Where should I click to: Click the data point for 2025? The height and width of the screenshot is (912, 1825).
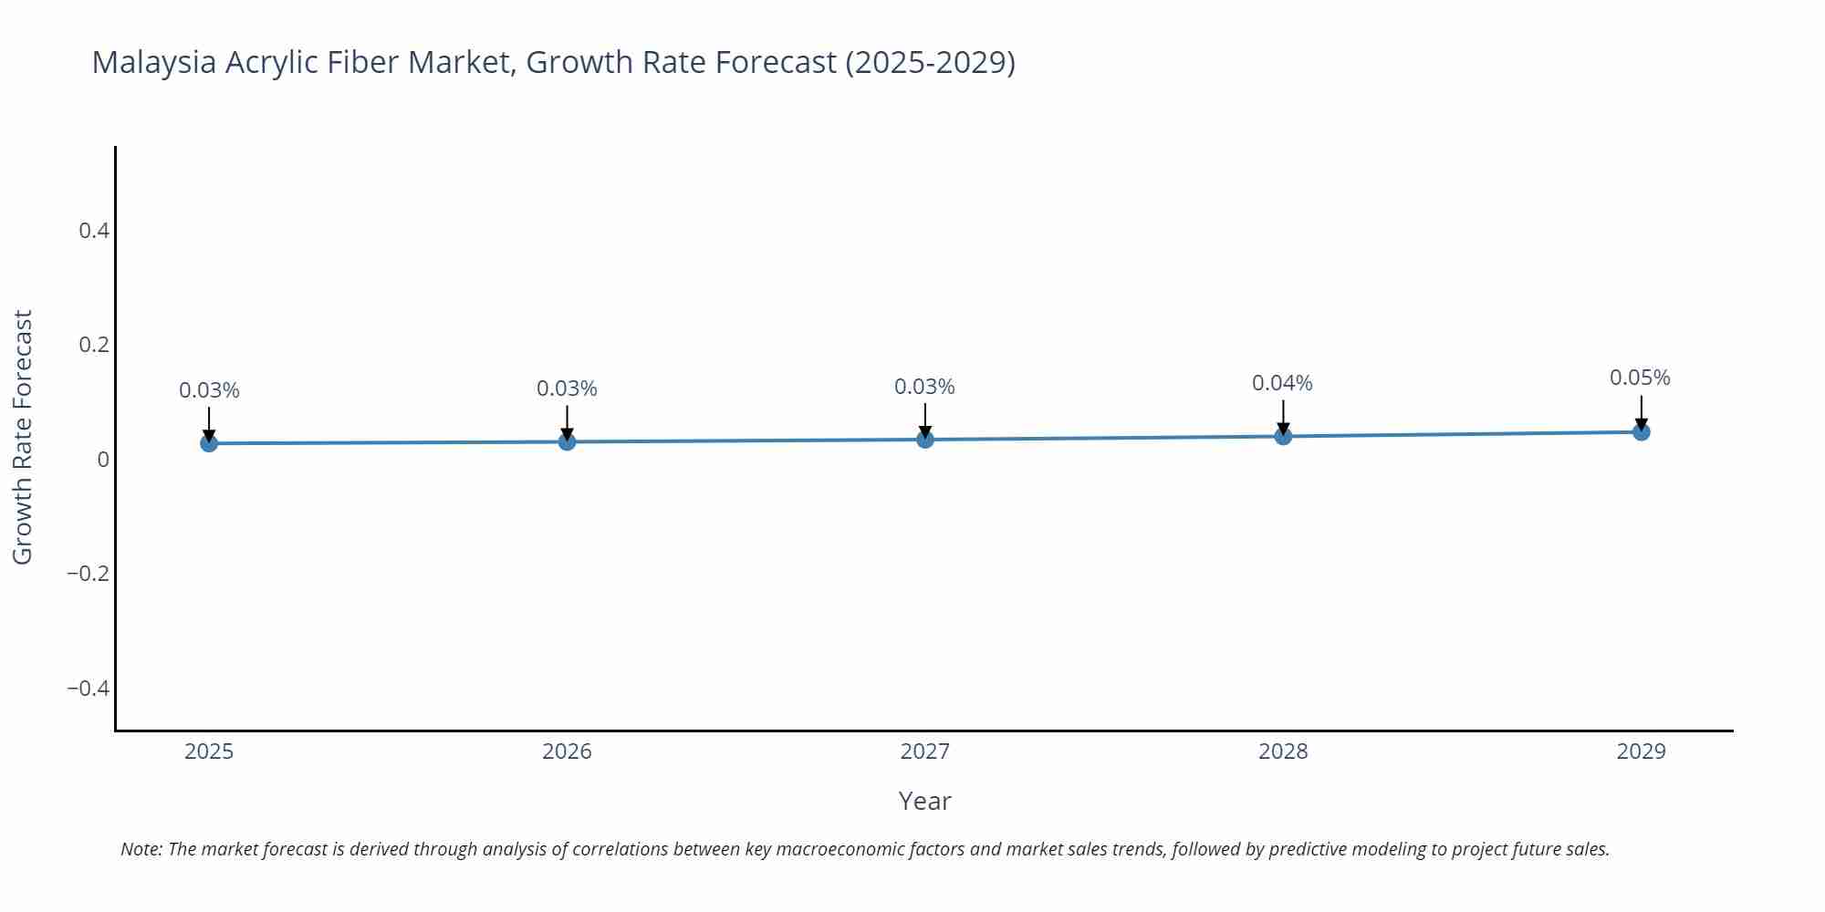tap(209, 443)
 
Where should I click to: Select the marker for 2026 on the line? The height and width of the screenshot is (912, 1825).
tap(567, 441)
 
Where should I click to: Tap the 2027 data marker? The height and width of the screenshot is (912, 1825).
tap(925, 440)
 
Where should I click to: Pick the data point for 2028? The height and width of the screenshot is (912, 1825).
tap(1283, 436)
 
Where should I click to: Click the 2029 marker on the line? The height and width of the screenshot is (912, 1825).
tap(1641, 431)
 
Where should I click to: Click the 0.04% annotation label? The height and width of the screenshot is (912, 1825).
tap(1282, 384)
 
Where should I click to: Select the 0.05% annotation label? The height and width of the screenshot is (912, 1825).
tap(1640, 378)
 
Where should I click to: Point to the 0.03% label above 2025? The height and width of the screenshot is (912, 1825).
tap(209, 391)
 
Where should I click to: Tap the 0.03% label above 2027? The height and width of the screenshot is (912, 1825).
tap(924, 388)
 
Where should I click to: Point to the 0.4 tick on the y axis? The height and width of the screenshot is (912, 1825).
tap(94, 231)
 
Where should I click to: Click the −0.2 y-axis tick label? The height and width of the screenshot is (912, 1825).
tap(89, 574)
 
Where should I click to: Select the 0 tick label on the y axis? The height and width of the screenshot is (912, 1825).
tap(103, 460)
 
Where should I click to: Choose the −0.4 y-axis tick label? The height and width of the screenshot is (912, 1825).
tap(89, 689)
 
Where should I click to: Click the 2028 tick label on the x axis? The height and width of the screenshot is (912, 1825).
tap(1283, 752)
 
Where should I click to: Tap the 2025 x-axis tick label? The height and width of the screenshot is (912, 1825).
tap(209, 752)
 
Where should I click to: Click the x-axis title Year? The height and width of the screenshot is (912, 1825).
tap(924, 802)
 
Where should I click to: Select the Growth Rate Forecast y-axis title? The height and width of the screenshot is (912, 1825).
tap(23, 437)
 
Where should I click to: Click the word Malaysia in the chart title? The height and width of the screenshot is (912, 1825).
tap(154, 63)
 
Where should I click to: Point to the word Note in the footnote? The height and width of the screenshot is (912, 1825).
tap(141, 849)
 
